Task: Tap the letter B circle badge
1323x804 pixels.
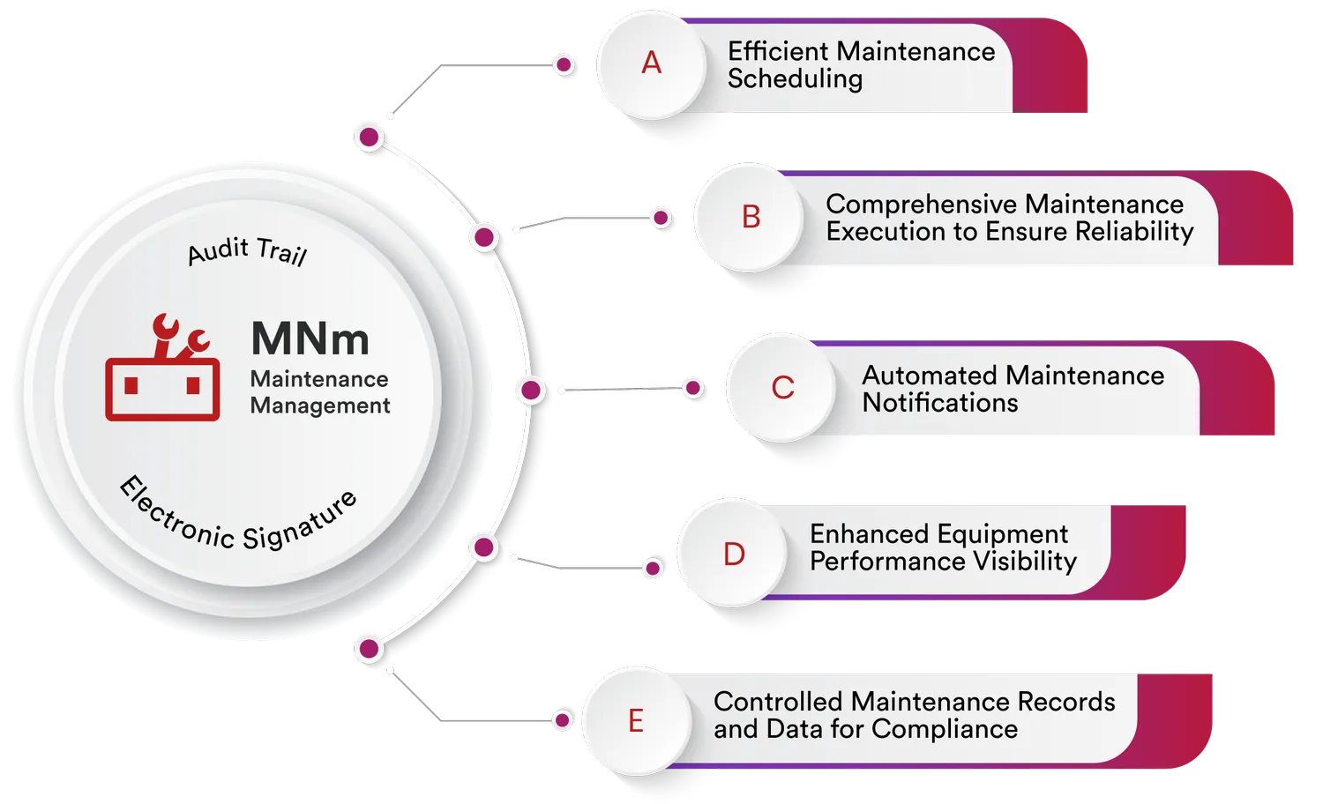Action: (x=750, y=217)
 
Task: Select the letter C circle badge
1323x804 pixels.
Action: (x=782, y=387)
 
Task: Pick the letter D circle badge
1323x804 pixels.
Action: (x=733, y=553)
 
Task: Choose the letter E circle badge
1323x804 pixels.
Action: (x=636, y=721)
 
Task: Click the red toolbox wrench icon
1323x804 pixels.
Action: (x=162, y=367)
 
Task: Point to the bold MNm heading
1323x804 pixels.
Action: (x=310, y=339)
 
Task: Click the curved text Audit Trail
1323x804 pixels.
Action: (x=247, y=251)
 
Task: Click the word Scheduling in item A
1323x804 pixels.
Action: (x=795, y=79)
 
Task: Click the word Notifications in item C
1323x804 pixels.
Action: (x=940, y=403)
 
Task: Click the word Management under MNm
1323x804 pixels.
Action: (x=320, y=406)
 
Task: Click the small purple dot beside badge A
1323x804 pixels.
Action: (x=564, y=64)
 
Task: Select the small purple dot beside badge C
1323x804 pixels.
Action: (x=693, y=388)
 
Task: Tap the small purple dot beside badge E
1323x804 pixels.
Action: (x=563, y=720)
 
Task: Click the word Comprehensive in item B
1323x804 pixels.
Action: (x=923, y=205)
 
